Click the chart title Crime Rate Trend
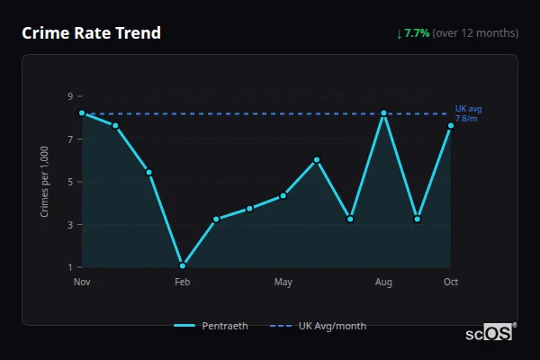point(92,33)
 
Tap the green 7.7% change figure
point(417,33)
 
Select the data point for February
point(183,265)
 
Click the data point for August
point(384,113)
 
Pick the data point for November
point(82,113)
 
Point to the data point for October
point(451,126)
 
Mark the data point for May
point(283,195)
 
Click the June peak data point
point(317,160)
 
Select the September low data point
point(418,219)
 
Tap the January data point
point(148,172)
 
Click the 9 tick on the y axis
point(69,96)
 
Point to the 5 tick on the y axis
point(69,182)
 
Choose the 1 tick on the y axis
point(69,267)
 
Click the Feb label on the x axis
point(183,283)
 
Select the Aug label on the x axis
point(384,283)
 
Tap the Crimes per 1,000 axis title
point(45,182)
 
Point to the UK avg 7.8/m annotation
point(468,113)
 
